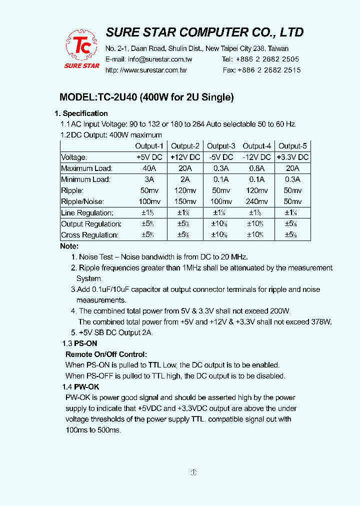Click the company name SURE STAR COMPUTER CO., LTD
pos(204,32)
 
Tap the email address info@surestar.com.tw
pos(160,59)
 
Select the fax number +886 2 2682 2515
pos(269,70)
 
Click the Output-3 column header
pos(221,146)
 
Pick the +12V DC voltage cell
pos(185,157)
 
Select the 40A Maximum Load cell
pos(149,168)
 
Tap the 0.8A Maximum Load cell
pos(257,168)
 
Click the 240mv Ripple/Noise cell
pos(257,201)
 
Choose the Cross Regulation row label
pos(89,235)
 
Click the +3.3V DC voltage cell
pos(292,157)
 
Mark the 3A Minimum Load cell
pos(149,179)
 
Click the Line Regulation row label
pos(87,213)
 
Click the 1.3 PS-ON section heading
pos(79,343)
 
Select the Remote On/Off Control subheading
pos(106,354)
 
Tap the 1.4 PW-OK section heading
pos(80,387)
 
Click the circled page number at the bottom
pos(194,472)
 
